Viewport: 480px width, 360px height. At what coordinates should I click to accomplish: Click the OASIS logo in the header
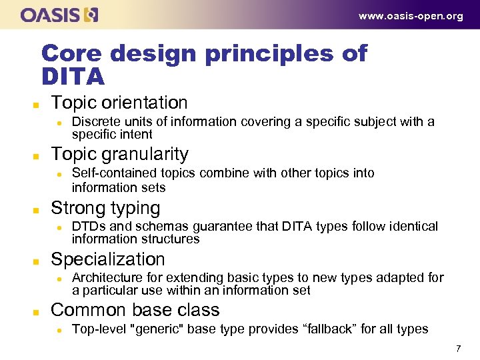pos(59,15)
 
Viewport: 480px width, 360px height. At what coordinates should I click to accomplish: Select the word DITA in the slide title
pos(73,77)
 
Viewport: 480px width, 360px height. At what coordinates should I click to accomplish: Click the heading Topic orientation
pos(119,103)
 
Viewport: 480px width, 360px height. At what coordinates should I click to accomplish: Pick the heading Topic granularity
pos(120,154)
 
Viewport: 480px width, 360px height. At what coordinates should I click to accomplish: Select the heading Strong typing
pos(105,208)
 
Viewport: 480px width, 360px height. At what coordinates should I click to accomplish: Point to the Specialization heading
pos(107,259)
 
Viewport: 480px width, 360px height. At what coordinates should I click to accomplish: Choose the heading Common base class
pos(135,310)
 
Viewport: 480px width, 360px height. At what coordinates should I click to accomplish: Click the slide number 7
pos(458,349)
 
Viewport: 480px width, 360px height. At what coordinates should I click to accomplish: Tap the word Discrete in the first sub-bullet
pos(92,121)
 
